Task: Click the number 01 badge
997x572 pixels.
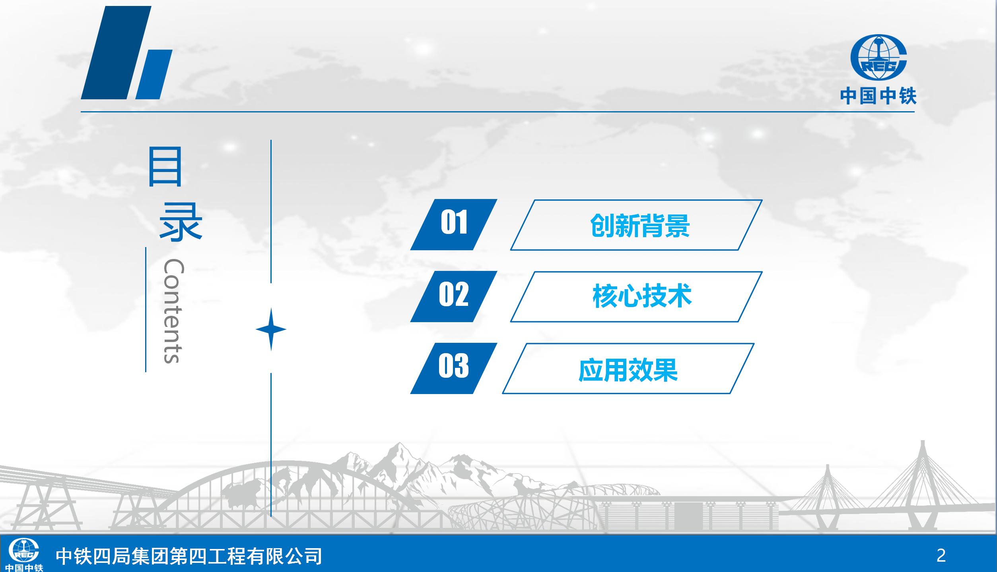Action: pos(454,224)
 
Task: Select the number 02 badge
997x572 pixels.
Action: pos(454,296)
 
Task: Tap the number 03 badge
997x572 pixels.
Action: pos(454,368)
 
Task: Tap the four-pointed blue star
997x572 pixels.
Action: pos(271,329)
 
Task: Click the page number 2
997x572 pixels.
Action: pos(941,556)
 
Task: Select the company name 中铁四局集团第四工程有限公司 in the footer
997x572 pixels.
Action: pos(189,556)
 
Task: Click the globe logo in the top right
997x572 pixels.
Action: pos(878,57)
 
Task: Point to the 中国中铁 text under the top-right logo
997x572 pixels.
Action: pos(878,96)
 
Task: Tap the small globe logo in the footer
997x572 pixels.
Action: pos(24,550)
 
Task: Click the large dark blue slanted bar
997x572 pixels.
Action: pos(116,52)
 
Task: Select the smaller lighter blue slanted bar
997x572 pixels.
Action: pos(154,74)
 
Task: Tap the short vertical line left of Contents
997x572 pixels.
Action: pos(146,309)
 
